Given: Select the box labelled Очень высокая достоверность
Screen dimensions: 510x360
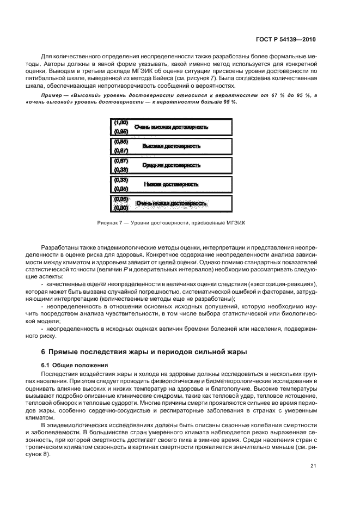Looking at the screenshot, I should [x=171, y=127].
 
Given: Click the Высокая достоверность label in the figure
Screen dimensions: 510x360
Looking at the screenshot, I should [x=171, y=146].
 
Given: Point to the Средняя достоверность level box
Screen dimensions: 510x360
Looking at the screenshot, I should [x=171, y=165].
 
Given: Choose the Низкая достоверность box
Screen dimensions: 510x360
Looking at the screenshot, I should [x=171, y=185].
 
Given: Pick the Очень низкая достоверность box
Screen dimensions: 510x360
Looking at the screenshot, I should [x=171, y=203].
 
